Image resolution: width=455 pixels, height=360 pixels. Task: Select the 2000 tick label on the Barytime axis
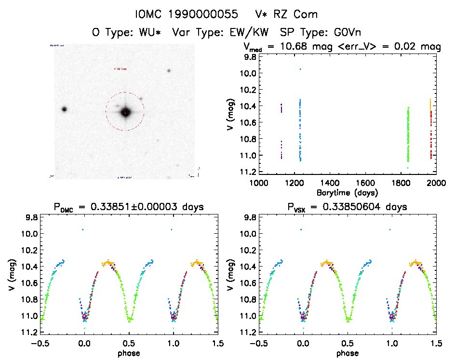point(437,183)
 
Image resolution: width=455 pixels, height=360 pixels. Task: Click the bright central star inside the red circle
point(125,112)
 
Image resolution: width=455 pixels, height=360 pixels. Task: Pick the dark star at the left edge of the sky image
point(64,109)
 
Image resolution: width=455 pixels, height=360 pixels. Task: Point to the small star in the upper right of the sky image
point(169,71)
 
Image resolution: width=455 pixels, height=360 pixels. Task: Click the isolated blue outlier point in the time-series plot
point(300,69)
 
